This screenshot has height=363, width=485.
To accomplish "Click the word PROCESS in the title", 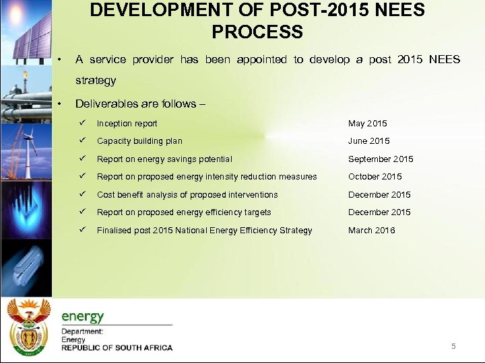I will click(257, 32).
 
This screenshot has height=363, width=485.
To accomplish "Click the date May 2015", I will click(367, 124).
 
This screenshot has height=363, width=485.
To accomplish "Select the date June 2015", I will click(368, 141).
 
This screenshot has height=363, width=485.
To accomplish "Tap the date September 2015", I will click(381, 159).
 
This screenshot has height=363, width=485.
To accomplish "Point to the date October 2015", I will click(375, 177).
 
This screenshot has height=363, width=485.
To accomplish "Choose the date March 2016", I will click(371, 231).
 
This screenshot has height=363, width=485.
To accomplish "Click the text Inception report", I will click(127, 124).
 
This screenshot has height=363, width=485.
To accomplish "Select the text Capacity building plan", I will click(139, 141).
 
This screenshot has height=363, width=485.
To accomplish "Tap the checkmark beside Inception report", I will click(81, 123).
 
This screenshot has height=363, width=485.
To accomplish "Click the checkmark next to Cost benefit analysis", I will click(81, 194).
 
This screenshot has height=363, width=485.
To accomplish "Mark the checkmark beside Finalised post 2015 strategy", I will click(81, 230).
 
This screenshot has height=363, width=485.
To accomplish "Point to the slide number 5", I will click(453, 346).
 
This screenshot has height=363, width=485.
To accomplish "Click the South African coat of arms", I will click(28, 326).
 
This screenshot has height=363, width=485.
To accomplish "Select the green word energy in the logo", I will click(83, 317).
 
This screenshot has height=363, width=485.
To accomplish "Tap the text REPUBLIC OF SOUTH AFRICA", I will click(117, 348).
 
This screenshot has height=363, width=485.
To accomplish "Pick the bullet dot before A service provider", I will click(61, 60).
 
